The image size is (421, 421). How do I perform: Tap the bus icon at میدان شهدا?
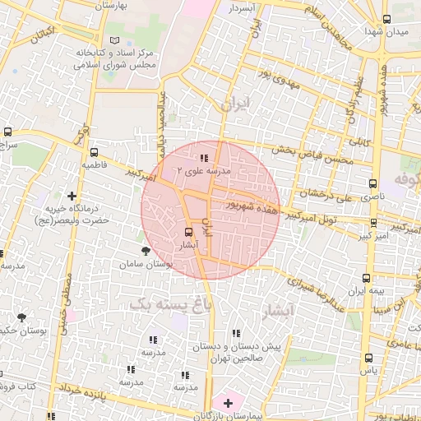(x=386, y=20)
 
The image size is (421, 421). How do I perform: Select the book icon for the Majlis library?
(x=113, y=40)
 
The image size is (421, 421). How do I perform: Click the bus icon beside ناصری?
(x=373, y=184)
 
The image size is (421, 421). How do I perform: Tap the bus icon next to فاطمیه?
(x=95, y=152)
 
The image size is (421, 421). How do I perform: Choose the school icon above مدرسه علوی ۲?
(x=204, y=157)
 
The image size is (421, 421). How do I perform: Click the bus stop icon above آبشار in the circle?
(x=189, y=232)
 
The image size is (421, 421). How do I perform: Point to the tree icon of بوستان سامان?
(x=146, y=250)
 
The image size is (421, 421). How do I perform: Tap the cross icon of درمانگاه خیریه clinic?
(x=72, y=196)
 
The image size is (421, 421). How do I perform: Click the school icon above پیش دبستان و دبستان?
(x=237, y=333)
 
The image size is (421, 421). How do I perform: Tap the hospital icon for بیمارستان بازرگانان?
(x=228, y=403)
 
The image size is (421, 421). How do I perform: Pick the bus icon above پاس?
(x=368, y=358)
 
